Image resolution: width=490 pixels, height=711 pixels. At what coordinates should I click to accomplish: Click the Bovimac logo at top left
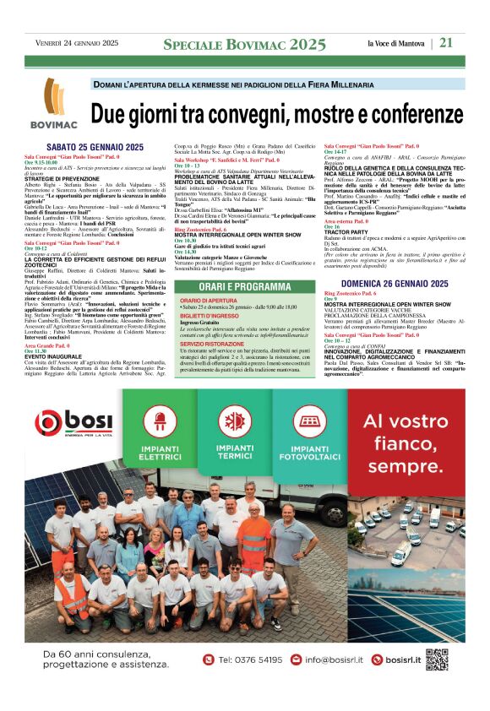[57, 109]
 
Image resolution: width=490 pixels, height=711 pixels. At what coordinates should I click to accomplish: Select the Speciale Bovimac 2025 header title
[244, 44]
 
